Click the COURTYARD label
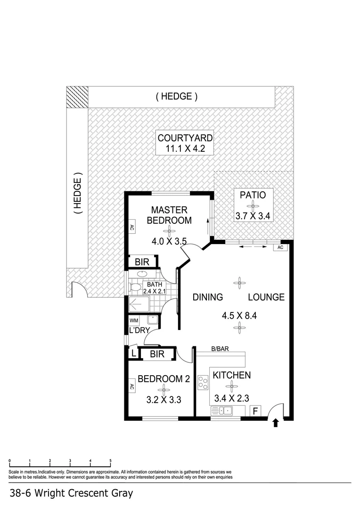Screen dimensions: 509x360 (185, 138)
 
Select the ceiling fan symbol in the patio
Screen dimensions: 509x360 (253, 205)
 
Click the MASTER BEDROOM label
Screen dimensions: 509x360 (169, 215)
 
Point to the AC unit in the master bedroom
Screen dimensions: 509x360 (131, 228)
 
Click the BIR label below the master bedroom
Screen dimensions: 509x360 (142, 262)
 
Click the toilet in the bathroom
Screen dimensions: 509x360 (135, 287)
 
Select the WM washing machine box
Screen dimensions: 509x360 (134, 320)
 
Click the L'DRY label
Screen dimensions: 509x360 (139, 330)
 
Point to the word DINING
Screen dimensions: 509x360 (207, 297)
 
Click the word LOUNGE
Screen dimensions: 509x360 (267, 297)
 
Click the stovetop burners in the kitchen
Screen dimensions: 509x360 (204, 382)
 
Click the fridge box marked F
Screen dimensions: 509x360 (255, 411)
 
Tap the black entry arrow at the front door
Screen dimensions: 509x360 (276, 423)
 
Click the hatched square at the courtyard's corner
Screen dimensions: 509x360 (77, 97)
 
